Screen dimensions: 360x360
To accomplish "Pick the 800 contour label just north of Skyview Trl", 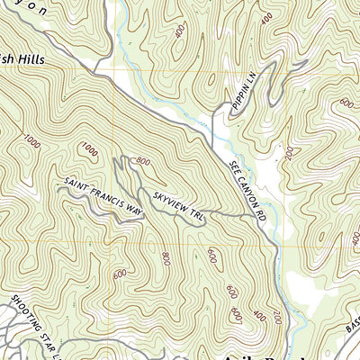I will point(141,162).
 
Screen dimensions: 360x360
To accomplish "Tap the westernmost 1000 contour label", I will point(33,141).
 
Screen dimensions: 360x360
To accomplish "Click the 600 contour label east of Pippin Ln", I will point(346,103).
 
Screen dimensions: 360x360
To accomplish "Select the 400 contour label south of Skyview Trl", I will point(260,315).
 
